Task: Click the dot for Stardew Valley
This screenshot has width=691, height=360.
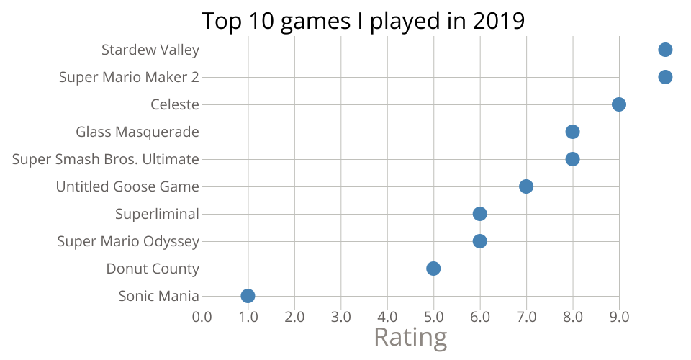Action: point(665,50)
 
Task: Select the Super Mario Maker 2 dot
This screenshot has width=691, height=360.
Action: point(665,77)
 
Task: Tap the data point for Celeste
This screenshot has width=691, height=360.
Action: point(618,104)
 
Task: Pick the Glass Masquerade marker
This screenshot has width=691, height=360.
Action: point(572,132)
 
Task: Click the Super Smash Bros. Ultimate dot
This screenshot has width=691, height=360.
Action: point(572,159)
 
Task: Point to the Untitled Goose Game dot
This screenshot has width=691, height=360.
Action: point(526,186)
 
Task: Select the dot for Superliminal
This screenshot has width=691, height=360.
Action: point(479,214)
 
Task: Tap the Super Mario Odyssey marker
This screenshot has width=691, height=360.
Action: point(479,241)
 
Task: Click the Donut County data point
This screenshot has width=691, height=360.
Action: point(433,269)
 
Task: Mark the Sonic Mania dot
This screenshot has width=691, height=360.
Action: point(248,296)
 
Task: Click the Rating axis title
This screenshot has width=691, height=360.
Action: point(410,337)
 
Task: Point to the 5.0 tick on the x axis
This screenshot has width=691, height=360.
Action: point(433,316)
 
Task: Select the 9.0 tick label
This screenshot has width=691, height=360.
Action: point(618,316)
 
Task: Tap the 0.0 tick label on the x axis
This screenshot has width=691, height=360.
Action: point(202,316)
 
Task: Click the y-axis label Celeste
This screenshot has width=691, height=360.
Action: point(174,104)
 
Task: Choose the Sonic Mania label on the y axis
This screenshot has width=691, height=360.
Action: point(158,296)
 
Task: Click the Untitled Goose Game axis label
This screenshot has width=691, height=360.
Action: point(127,186)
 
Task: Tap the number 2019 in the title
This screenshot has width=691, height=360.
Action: point(498,21)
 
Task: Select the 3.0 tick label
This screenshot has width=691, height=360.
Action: point(340,316)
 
